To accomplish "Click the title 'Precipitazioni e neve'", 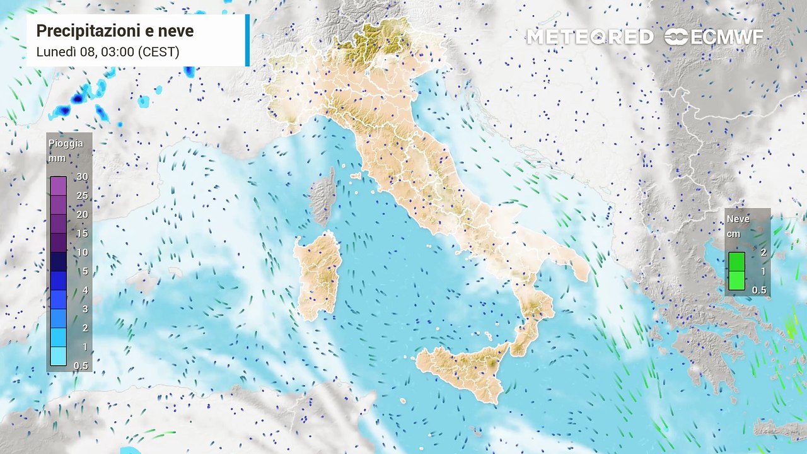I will [115, 31].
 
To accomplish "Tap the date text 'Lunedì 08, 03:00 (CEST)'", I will [108, 52].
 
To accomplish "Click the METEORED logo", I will [589, 37].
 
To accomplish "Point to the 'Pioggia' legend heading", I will [66, 144].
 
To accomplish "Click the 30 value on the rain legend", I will [81, 177].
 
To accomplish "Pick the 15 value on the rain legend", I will [81, 233].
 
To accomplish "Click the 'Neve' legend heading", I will [738, 219].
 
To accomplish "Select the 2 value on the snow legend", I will [763, 252].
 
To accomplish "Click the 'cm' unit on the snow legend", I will [734, 233].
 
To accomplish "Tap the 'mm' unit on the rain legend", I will [57, 158].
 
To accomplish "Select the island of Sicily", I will [463, 369].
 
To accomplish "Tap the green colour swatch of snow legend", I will [736, 271].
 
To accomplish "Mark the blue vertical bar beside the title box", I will [247, 40].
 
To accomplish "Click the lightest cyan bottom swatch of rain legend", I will [58, 356].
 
